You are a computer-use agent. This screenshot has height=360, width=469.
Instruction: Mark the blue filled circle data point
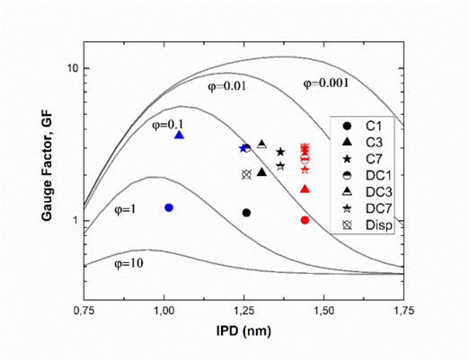(x=168, y=207)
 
